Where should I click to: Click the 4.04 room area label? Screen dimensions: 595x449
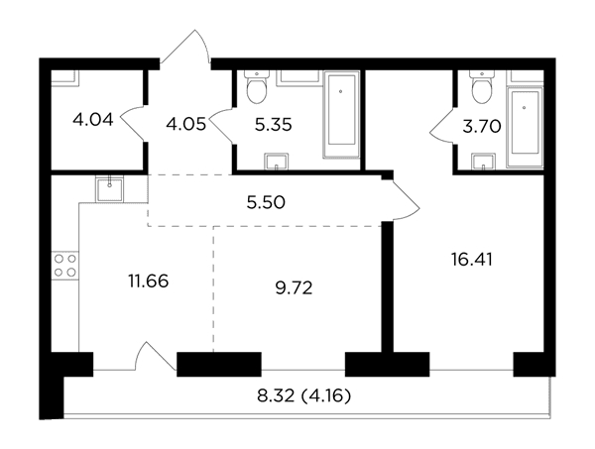tap(93, 120)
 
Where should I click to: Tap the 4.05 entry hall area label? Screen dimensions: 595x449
tap(186, 124)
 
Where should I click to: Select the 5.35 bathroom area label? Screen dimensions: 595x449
tap(274, 125)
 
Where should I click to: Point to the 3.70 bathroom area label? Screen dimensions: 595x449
tap(482, 127)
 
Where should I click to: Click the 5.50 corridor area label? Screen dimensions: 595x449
tap(266, 202)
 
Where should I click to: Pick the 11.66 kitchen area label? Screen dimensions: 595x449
tap(149, 281)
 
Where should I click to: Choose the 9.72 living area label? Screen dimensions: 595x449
tap(294, 288)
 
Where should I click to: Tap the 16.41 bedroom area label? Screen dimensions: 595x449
tap(472, 260)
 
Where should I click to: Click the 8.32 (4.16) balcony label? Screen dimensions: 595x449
tap(304, 396)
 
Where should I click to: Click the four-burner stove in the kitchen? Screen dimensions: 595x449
tap(65, 266)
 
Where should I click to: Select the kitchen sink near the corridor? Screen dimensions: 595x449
tap(110, 189)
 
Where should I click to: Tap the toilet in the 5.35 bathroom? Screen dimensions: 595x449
tap(257, 87)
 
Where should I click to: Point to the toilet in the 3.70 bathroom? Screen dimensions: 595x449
tap(482, 87)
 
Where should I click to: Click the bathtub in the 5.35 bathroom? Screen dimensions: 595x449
tap(341, 114)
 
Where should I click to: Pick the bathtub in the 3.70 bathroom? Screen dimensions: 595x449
tap(525, 127)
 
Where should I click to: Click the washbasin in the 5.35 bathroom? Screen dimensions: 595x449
tap(277, 162)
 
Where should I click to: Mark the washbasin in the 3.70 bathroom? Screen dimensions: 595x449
tap(484, 162)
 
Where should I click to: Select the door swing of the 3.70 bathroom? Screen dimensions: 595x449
tap(441, 126)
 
